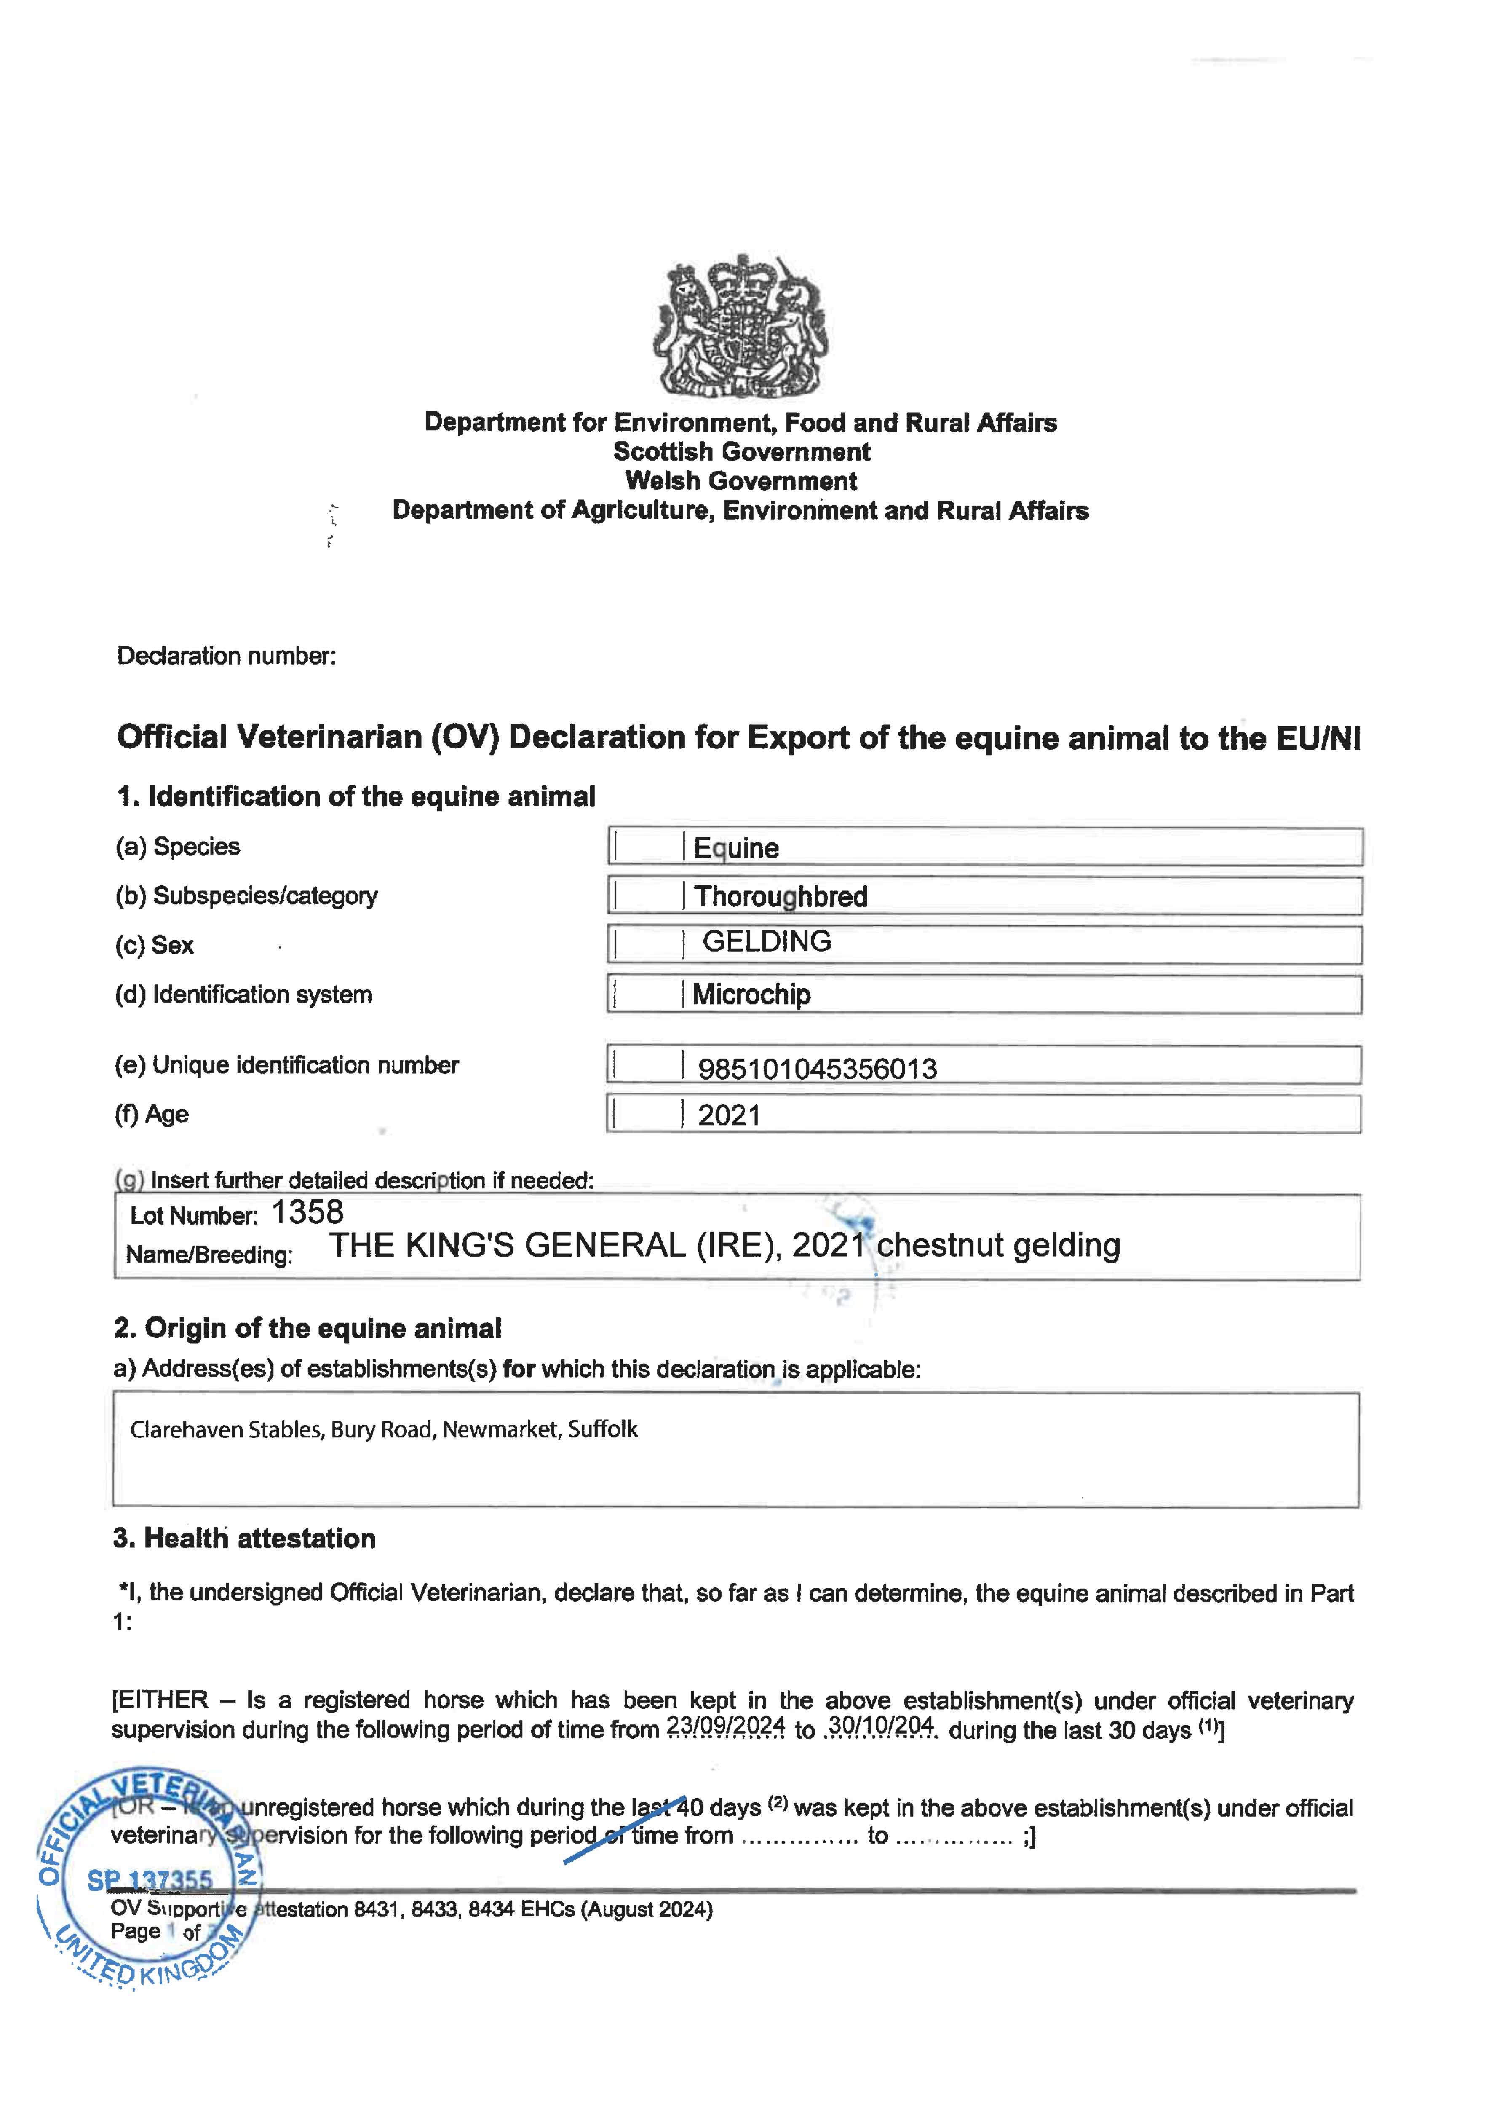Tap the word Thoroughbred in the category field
tap(780, 897)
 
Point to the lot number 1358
tap(307, 1212)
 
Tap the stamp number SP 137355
tap(150, 1880)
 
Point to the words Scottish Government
tap(741, 451)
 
